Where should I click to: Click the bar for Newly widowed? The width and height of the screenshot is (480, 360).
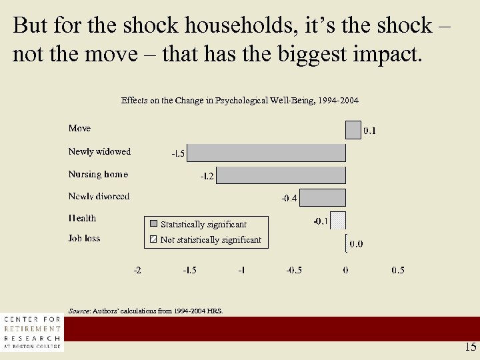tap(267, 153)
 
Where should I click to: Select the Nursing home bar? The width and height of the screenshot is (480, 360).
tap(281, 175)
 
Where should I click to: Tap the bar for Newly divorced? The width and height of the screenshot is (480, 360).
tap(324, 197)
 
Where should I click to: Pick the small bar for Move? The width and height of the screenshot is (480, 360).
tap(353, 129)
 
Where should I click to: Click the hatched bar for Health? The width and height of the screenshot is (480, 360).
tap(339, 220)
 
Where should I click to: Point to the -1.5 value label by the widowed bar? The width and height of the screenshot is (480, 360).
tap(178, 154)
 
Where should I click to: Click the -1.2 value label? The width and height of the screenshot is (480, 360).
tap(207, 177)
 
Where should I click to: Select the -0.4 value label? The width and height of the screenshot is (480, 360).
tap(289, 199)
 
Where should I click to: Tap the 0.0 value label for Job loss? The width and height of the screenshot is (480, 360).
tap(357, 244)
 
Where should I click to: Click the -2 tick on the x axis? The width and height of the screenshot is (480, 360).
tap(137, 270)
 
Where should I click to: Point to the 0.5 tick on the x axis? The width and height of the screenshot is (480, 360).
tap(397, 270)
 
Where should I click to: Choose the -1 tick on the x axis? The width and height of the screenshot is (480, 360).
tap(241, 270)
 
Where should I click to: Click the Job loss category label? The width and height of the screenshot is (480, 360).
tap(84, 238)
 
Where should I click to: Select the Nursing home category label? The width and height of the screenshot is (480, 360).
tap(98, 174)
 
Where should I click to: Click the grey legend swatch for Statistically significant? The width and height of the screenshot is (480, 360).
tap(153, 224)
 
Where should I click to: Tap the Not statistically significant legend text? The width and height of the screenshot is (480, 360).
tap(211, 239)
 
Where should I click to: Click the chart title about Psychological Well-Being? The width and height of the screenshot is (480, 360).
tap(239, 101)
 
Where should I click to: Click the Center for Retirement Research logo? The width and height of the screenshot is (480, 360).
tap(32, 332)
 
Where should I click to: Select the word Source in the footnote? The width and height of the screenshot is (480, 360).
tap(79, 311)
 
